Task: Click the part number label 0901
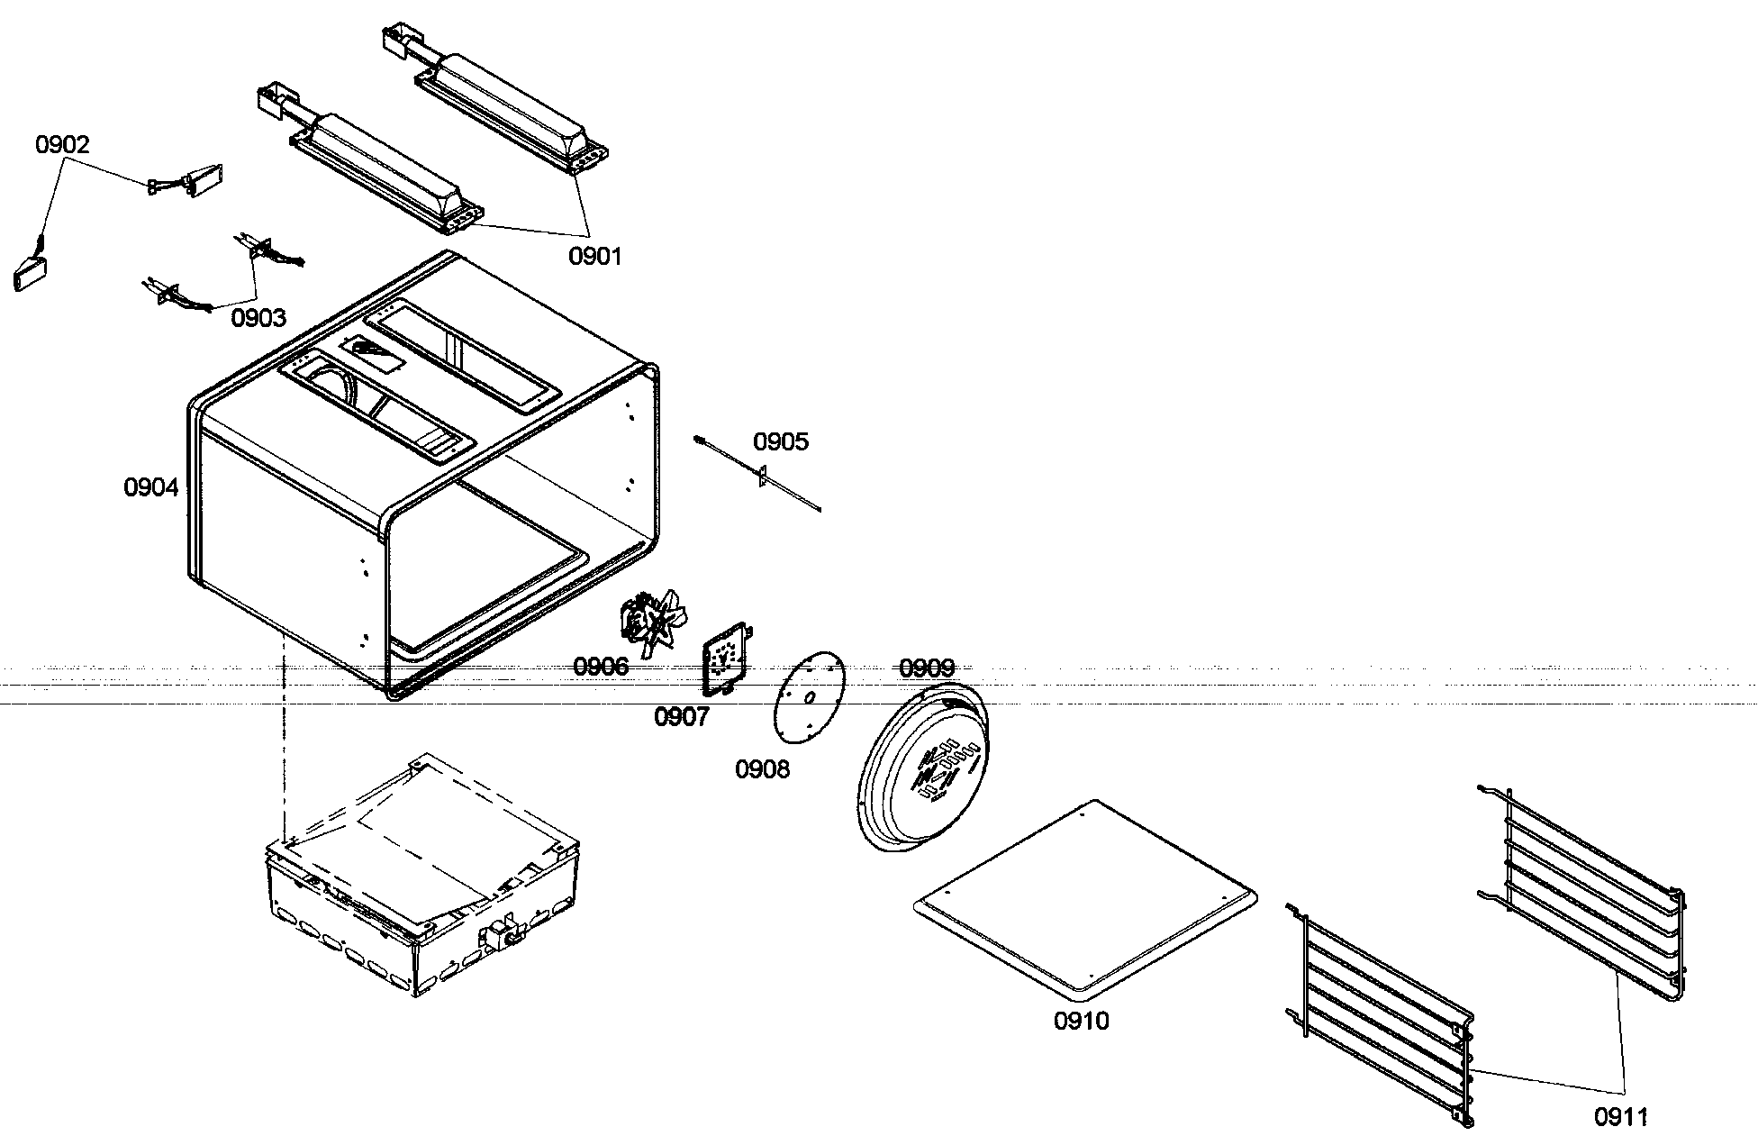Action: (x=594, y=257)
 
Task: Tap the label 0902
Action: (x=62, y=145)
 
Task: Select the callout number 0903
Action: (x=258, y=318)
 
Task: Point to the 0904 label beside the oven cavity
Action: (x=151, y=488)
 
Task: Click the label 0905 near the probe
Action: (x=781, y=442)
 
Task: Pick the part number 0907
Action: (x=681, y=717)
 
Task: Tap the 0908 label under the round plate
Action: (x=762, y=769)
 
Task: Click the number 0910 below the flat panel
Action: (x=1082, y=1022)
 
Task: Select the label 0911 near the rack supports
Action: (x=1621, y=1117)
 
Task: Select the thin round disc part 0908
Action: (x=809, y=699)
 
